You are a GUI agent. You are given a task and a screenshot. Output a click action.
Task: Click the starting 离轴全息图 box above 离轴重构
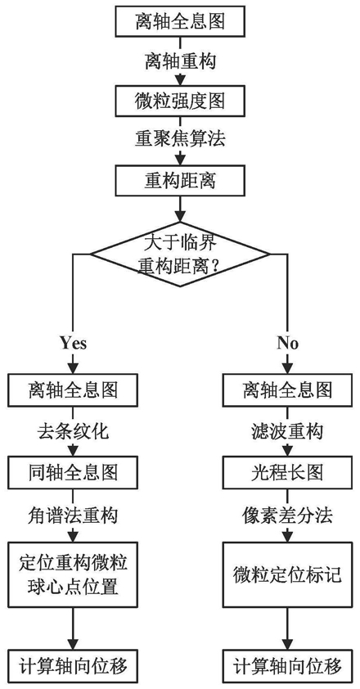coord(180,22)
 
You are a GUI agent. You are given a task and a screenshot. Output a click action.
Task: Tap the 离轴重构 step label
coord(180,61)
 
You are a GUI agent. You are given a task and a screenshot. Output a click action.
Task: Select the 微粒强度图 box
coord(180,101)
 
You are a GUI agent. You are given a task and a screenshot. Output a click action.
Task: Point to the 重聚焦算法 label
coord(180,140)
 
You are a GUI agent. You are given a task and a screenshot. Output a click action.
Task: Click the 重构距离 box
coord(180,180)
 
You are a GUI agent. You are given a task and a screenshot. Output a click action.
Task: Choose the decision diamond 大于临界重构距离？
coord(180,254)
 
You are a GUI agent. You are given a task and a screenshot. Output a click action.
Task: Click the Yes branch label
coord(73,343)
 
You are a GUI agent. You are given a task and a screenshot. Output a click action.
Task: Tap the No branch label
coord(288,343)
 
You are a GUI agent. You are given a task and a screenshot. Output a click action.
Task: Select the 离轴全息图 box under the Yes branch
coord(73,390)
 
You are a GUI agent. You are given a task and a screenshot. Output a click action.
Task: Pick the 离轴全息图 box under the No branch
coord(288,390)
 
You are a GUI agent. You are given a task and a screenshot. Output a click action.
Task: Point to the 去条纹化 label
coord(73,431)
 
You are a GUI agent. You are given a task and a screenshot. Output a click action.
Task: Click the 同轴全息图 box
coord(73,474)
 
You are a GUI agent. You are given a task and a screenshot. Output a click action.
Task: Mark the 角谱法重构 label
coord(73,515)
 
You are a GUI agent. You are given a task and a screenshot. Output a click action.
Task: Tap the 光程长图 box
coord(288,474)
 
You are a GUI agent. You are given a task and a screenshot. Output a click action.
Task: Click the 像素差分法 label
coord(288,515)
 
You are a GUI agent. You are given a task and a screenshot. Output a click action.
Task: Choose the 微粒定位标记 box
coord(288,574)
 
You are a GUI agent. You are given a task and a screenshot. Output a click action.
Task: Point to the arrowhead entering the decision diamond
coord(180,217)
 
